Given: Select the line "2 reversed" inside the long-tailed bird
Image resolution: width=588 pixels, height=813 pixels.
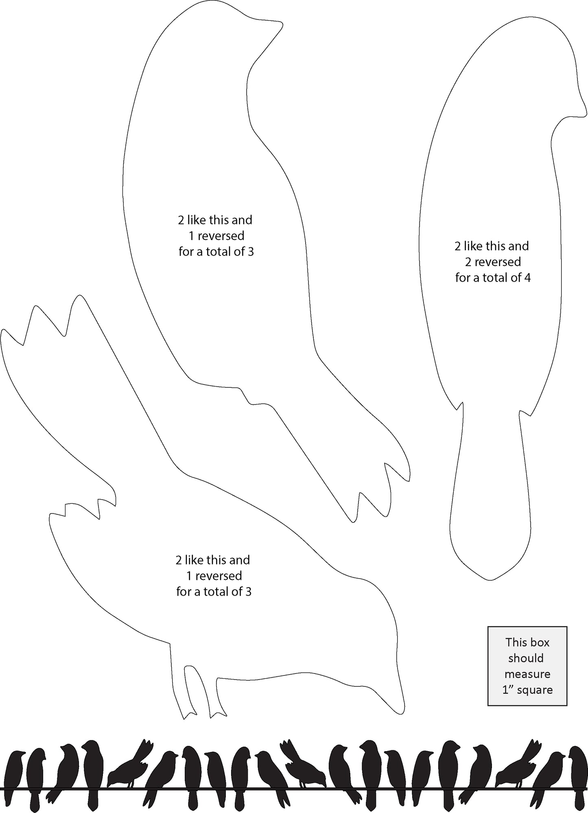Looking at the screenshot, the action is coord(493,262).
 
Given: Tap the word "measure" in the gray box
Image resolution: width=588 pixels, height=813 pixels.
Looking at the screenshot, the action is coord(527,674).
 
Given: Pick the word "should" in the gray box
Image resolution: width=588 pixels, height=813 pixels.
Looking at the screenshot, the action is coord(526,658).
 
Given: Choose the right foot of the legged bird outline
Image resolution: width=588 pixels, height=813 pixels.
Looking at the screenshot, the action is coord(218,712).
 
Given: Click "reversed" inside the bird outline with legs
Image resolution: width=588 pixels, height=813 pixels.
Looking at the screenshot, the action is coord(219,576).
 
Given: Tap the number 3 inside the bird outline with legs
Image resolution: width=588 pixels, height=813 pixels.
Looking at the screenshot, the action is coord(248,592).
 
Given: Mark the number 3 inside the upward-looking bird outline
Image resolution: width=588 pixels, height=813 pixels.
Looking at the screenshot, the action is coord(250,252).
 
